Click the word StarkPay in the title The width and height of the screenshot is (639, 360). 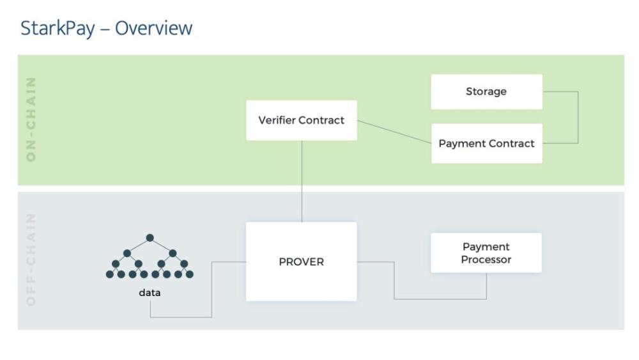58,29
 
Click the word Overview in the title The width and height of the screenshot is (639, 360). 153,27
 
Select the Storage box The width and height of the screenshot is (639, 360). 486,91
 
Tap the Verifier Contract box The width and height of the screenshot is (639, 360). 302,120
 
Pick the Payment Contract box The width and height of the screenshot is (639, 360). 486,143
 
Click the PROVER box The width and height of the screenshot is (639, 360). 301,262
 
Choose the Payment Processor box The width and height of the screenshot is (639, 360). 486,253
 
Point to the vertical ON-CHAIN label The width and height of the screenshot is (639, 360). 31,119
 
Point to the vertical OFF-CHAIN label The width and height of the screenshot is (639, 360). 31,260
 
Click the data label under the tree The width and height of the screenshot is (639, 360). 150,293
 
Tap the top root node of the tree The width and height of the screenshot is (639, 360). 150,238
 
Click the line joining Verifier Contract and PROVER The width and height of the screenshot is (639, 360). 302,181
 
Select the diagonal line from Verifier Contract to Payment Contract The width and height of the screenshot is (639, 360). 394,132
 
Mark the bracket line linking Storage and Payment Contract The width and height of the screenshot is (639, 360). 578,118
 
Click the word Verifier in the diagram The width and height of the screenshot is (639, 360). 277,120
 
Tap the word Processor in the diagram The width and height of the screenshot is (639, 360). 486,260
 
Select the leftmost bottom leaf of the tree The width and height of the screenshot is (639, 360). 110,274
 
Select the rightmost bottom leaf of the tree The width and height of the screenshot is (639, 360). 190,274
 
